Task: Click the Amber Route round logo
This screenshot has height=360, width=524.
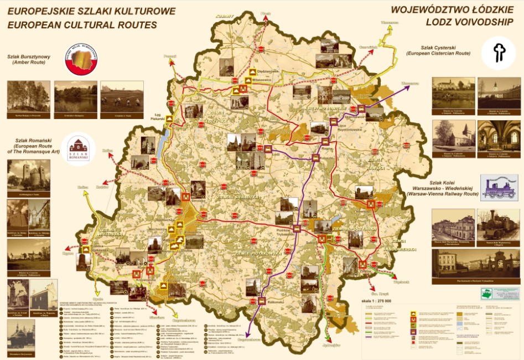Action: [81, 59]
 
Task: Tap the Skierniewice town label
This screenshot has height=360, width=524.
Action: [355, 117]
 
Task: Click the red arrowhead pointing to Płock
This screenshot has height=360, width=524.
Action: [267, 18]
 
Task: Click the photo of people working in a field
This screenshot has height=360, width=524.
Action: [122, 97]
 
